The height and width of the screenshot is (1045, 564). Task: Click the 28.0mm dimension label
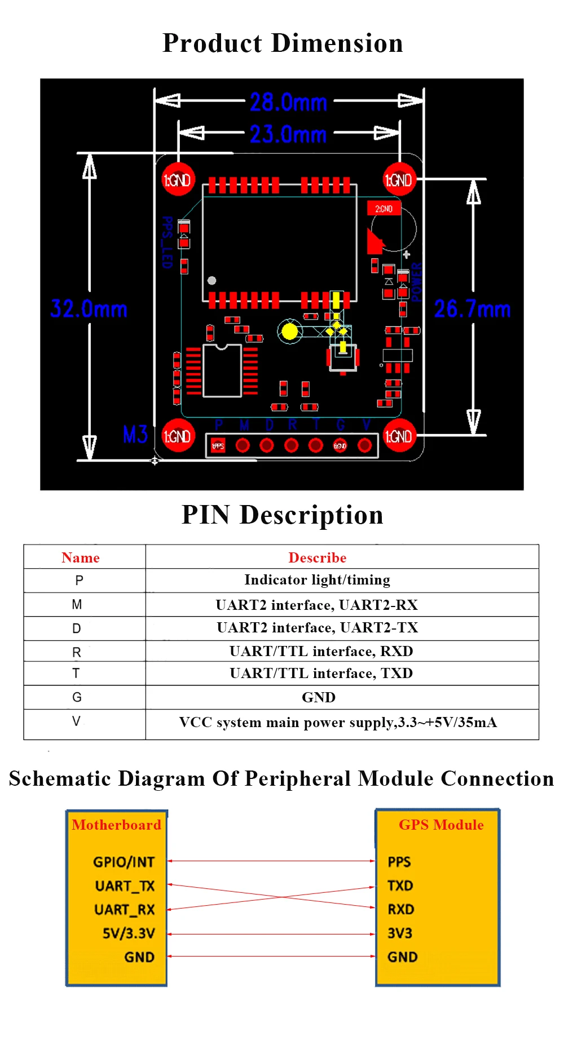pos(288,103)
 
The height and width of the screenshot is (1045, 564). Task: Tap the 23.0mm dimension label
pos(288,134)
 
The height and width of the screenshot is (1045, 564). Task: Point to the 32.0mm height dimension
pos(89,309)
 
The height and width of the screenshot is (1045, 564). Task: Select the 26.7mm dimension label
pos(472,309)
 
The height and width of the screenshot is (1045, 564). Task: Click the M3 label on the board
pos(135,435)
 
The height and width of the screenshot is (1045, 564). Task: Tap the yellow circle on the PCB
pos(289,331)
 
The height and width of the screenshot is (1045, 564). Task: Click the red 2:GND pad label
pos(384,209)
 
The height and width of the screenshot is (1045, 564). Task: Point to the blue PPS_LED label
pos(167,242)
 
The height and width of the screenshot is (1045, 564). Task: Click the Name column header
pos(81,557)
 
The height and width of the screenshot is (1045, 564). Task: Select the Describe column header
pos(318,557)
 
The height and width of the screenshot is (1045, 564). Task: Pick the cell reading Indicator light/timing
pos(317,580)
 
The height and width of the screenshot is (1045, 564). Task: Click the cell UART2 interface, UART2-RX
pos(317,605)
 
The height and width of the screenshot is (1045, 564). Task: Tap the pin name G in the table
pos(77,697)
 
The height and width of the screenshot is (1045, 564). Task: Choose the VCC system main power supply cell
pos(338,723)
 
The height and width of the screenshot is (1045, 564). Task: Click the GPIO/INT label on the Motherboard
pos(124,862)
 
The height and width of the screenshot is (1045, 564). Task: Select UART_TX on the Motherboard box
pos(125,886)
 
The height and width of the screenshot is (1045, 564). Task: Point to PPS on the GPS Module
pos(399,862)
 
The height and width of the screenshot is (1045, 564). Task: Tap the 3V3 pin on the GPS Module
pos(400,933)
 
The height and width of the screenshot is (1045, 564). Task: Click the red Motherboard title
pos(116,825)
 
